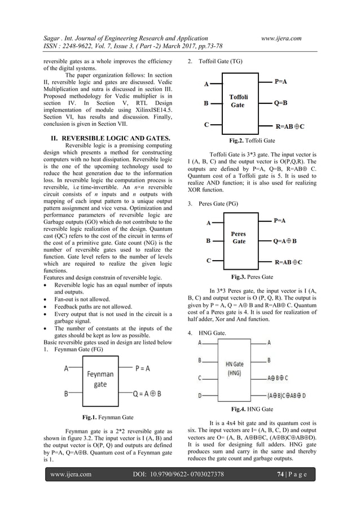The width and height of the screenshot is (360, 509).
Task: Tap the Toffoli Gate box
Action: (238, 102)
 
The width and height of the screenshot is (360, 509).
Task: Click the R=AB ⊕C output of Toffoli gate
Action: (289, 127)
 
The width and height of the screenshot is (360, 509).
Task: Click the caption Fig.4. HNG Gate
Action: (252, 409)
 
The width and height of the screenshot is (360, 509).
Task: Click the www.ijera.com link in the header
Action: (281, 38)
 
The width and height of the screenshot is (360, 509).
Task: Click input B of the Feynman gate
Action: (66, 393)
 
